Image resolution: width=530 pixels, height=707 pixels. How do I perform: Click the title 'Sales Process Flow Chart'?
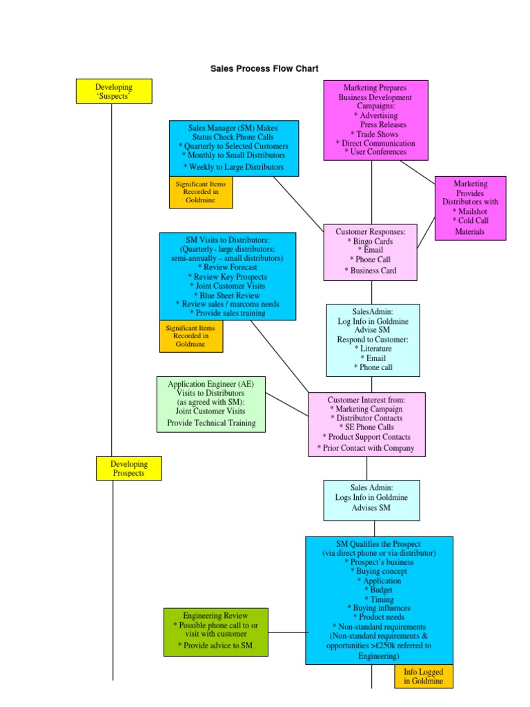click(x=264, y=68)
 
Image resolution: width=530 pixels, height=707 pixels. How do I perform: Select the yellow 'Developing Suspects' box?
click(x=114, y=92)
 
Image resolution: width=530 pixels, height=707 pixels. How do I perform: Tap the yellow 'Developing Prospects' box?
click(x=128, y=468)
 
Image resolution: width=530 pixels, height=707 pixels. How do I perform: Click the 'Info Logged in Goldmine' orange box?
click(x=424, y=677)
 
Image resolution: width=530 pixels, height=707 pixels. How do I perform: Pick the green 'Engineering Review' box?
click(x=215, y=632)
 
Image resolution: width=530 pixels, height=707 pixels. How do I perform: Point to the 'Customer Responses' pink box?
click(x=371, y=252)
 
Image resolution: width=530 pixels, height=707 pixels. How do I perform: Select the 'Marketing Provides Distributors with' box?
click(x=470, y=208)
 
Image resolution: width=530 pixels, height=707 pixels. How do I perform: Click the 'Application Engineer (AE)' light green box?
click(x=211, y=404)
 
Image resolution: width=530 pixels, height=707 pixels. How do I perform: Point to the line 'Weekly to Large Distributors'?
click(x=233, y=167)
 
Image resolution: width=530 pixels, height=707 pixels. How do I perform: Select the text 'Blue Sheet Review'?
click(x=227, y=295)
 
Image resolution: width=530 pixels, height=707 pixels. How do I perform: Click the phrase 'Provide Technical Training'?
click(x=211, y=423)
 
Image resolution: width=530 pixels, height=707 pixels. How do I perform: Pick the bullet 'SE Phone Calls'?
click(x=366, y=427)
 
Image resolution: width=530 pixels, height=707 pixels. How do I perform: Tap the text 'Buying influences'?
click(x=379, y=608)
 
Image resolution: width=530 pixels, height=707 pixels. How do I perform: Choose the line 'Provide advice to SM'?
click(x=215, y=645)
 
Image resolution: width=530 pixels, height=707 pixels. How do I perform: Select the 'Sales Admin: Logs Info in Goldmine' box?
click(x=372, y=500)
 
